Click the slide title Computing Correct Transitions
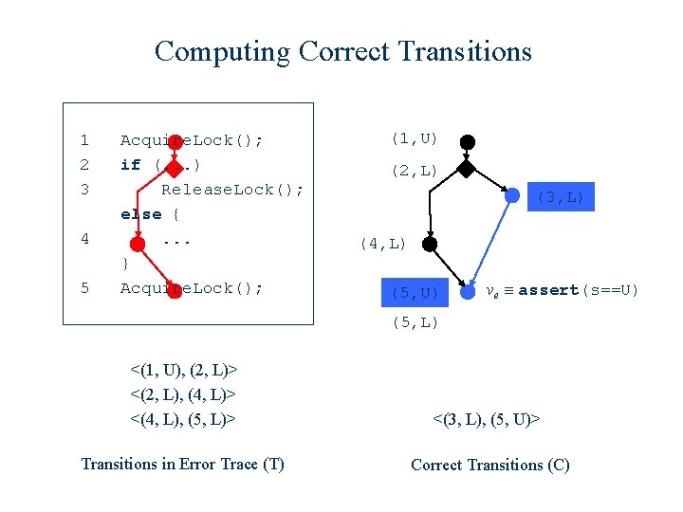pyautogui.click(x=342, y=51)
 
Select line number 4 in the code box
pyautogui.click(x=84, y=239)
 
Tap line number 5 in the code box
pyautogui.click(x=84, y=288)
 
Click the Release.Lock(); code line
pyautogui.click(x=232, y=190)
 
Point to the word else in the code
pyautogui.click(x=140, y=214)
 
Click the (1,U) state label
pyautogui.click(x=414, y=139)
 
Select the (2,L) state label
pyautogui.click(x=414, y=171)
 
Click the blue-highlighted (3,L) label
pyautogui.click(x=562, y=197)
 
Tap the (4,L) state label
pyautogui.click(x=382, y=244)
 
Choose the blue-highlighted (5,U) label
pyautogui.click(x=415, y=292)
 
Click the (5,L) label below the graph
pyautogui.click(x=415, y=323)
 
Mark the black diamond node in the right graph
pyautogui.click(x=466, y=170)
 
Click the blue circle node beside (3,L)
pyautogui.click(x=513, y=197)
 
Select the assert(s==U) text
pyautogui.click(x=579, y=290)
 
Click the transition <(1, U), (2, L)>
pyautogui.click(x=183, y=368)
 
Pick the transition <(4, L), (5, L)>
pyautogui.click(x=183, y=417)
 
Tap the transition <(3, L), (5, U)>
pyautogui.click(x=487, y=417)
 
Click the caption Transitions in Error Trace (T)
pyautogui.click(x=183, y=464)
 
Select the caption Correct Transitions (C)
pyautogui.click(x=489, y=465)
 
